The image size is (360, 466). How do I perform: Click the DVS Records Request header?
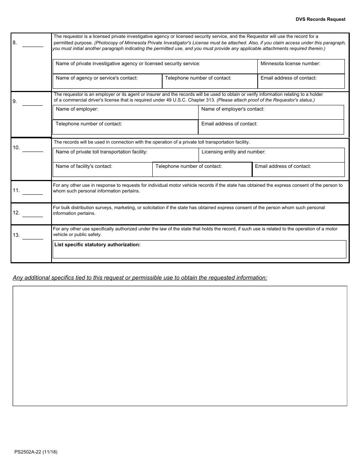[321, 19]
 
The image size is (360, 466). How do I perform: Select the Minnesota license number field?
[301, 67]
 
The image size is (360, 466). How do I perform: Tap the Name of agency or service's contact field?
[107, 81]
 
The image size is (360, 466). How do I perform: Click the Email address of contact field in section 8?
[301, 81]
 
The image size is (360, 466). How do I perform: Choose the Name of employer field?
[125, 113]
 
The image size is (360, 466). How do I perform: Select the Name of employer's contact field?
[271, 113]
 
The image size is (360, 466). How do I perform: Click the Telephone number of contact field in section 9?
[125, 127]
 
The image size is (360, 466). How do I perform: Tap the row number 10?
[16, 147]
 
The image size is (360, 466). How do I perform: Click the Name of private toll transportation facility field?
[125, 155]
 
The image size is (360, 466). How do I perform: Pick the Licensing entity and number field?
[271, 155]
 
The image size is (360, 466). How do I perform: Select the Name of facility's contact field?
[102, 170]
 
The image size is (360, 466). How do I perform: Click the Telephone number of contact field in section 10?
[202, 170]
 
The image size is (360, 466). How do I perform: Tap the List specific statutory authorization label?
[97, 245]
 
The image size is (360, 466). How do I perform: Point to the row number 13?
[16, 235]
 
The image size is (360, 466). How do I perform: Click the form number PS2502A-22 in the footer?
[36, 452]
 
